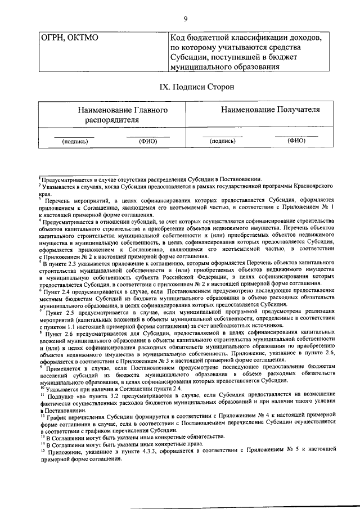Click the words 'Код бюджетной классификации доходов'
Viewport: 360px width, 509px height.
point(246,38)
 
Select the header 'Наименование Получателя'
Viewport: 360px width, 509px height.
point(262,109)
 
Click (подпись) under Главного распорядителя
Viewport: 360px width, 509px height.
point(74,142)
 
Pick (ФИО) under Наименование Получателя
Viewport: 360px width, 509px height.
point(295,141)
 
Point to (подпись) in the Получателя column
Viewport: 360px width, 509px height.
point(222,142)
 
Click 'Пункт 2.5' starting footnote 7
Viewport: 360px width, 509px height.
point(60,311)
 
